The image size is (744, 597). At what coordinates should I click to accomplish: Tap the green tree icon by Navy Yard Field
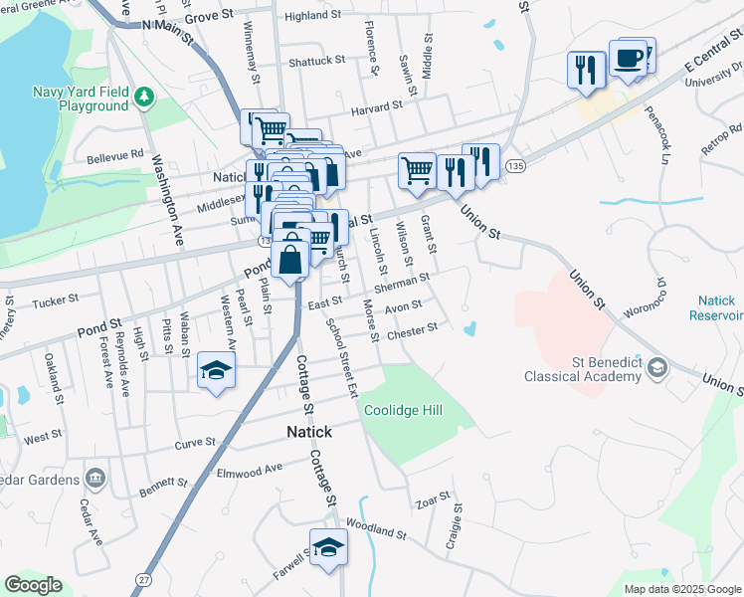[x=145, y=96]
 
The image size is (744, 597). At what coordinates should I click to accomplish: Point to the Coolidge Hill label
[x=403, y=410]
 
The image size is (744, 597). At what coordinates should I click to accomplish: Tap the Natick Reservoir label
[x=716, y=306]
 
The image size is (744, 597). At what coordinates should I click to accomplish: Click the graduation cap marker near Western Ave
[x=216, y=372]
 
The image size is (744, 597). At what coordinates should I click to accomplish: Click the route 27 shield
[x=145, y=578]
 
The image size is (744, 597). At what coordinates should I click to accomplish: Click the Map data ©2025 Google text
[x=682, y=589]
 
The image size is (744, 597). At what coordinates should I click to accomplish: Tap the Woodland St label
[x=376, y=529]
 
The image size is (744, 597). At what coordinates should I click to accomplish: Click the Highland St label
[x=312, y=16]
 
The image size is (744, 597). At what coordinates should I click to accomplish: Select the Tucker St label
[x=56, y=300]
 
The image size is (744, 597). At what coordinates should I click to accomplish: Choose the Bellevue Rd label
[x=115, y=155]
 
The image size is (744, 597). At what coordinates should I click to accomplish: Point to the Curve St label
[x=195, y=442]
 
